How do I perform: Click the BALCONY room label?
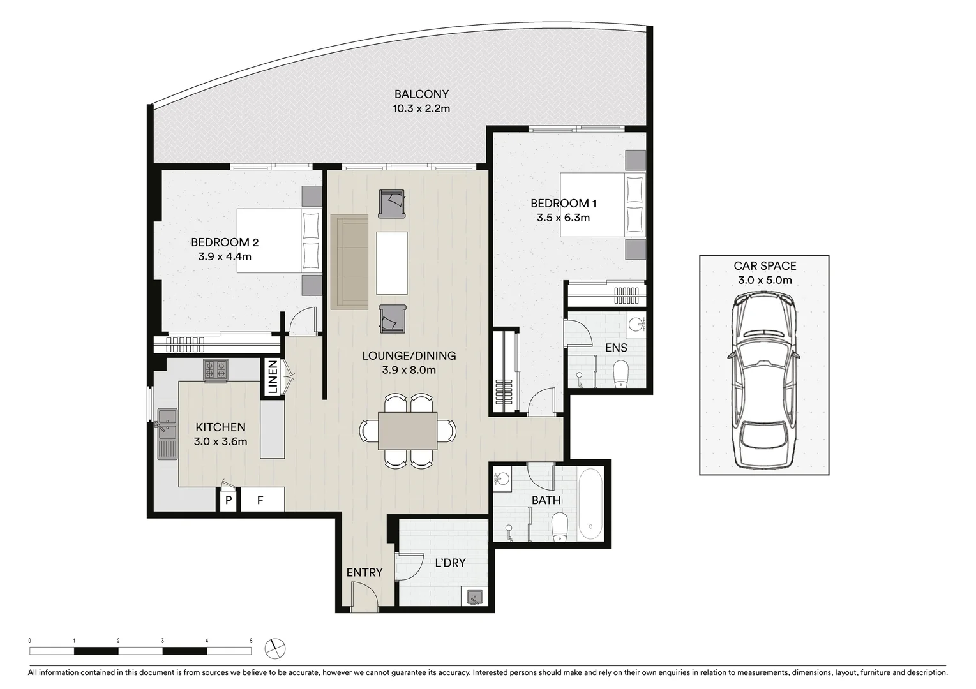pyautogui.click(x=421, y=94)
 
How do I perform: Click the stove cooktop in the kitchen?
pyautogui.click(x=215, y=370)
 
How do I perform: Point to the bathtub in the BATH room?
pyautogui.click(x=590, y=504)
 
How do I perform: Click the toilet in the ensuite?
pyautogui.click(x=620, y=374)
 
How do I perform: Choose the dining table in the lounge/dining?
pyautogui.click(x=407, y=431)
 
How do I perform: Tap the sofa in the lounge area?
pyautogui.click(x=349, y=262)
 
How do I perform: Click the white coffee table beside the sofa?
pyautogui.click(x=391, y=263)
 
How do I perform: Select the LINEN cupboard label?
pyautogui.click(x=273, y=377)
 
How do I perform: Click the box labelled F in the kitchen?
pyautogui.click(x=260, y=500)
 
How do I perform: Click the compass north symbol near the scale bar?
pyautogui.click(x=275, y=648)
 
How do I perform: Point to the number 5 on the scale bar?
pyautogui.click(x=251, y=641)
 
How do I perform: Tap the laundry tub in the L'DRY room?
pyautogui.click(x=474, y=596)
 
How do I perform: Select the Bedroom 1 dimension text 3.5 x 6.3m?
pyautogui.click(x=563, y=218)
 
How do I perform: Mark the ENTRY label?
pyautogui.click(x=364, y=572)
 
